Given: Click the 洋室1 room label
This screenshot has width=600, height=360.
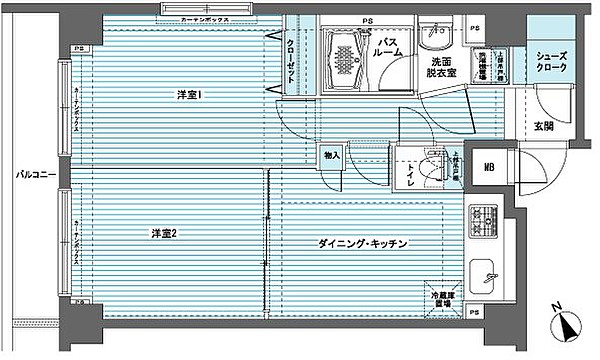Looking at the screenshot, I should (x=190, y=96).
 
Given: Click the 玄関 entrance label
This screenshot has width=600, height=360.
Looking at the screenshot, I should (x=543, y=127).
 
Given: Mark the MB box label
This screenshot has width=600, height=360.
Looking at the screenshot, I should (x=490, y=169).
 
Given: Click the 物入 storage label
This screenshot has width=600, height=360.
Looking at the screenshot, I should (x=332, y=156).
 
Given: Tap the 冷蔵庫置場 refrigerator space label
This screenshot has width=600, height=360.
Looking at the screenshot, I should (x=444, y=300).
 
